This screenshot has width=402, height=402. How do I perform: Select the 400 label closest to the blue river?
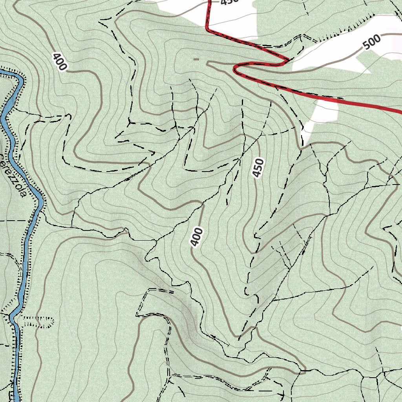[59, 61]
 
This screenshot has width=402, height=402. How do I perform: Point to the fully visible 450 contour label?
[258, 168]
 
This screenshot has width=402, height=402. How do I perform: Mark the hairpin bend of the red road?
[236, 69]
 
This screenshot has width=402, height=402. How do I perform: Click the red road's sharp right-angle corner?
[208, 29]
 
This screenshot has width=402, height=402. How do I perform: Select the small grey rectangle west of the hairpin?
[196, 59]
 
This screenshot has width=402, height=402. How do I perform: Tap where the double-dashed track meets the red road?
[289, 60]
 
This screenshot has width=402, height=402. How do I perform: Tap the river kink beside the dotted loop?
[12, 316]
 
